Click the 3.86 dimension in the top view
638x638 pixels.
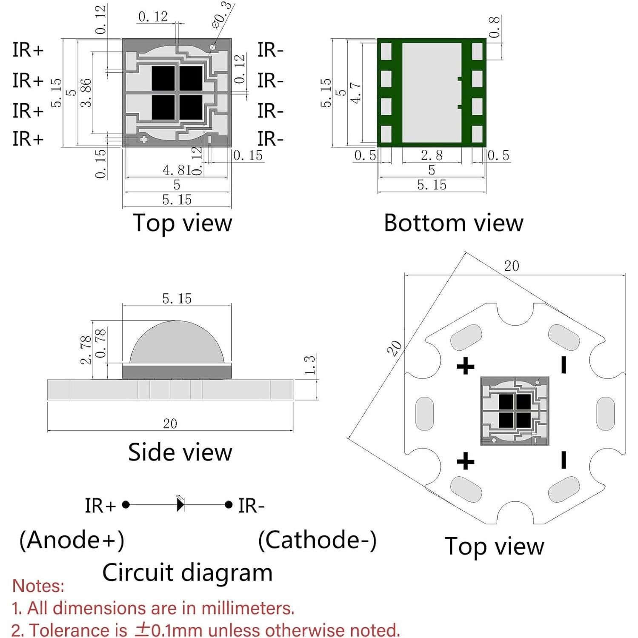pyautogui.click(x=86, y=92)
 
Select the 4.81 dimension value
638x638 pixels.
pyautogui.click(x=177, y=170)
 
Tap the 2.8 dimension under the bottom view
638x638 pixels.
pyautogui.click(x=432, y=155)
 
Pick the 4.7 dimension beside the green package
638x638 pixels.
pyautogui.click(x=355, y=92)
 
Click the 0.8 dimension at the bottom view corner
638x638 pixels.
pyautogui.click(x=494, y=27)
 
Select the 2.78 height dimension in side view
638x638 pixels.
pyautogui.click(x=86, y=350)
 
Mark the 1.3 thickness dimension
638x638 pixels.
pyautogui.click(x=310, y=365)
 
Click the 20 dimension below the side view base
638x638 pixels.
pyautogui.click(x=170, y=423)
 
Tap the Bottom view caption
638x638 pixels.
pyautogui.click(x=453, y=223)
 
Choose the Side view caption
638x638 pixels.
pyautogui.click(x=180, y=452)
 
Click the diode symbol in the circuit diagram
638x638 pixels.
pyautogui.click(x=180, y=505)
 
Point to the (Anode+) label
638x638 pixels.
pyautogui.click(x=72, y=540)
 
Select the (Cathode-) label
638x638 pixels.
pyautogui.click(x=317, y=540)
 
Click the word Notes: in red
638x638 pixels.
pyautogui.click(x=38, y=586)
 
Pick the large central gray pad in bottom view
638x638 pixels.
pyautogui.click(x=432, y=92)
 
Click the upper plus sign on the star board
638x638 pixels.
pyautogui.click(x=465, y=366)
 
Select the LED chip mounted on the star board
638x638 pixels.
pyautogui.click(x=515, y=411)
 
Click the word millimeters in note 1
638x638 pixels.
pyautogui.click(x=247, y=608)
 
